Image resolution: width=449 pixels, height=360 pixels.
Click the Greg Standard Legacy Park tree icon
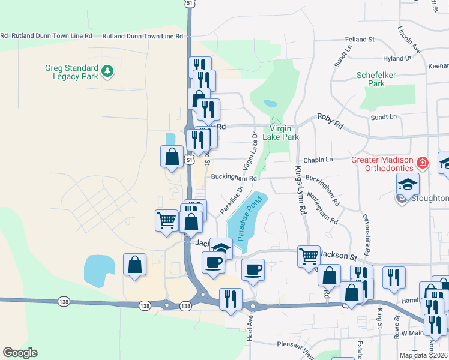tap(107, 71)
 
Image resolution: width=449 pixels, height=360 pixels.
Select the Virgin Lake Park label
tap(284, 133)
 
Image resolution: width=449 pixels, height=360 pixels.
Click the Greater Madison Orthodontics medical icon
tap(423, 163)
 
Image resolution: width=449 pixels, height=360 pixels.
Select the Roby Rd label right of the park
tap(330, 122)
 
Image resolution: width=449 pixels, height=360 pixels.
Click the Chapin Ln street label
tap(318, 160)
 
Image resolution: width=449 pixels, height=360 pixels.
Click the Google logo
tap(20, 353)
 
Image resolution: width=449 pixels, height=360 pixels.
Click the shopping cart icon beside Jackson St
tap(309, 256)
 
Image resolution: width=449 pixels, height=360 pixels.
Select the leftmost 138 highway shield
tap(64, 301)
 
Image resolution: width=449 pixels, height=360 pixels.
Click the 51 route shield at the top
tap(189, 3)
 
